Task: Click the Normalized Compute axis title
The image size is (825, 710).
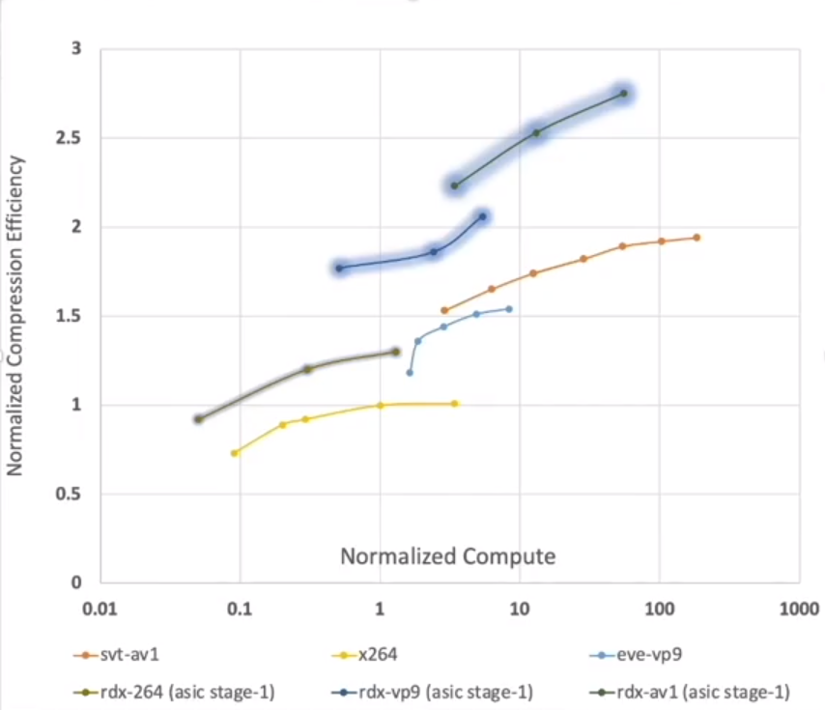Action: click(x=447, y=556)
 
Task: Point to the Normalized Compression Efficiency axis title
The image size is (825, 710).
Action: click(x=16, y=317)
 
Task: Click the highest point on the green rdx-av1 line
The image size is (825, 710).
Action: click(x=624, y=94)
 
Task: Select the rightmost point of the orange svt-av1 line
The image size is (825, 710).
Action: click(x=697, y=238)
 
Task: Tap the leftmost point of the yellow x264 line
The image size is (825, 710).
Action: click(x=234, y=453)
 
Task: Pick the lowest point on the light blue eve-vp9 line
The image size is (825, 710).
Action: click(x=410, y=372)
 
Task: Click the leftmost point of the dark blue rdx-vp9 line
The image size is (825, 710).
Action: click(x=339, y=268)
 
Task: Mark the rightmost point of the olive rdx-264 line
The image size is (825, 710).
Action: click(x=395, y=352)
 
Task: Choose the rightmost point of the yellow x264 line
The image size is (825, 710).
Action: click(x=455, y=403)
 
